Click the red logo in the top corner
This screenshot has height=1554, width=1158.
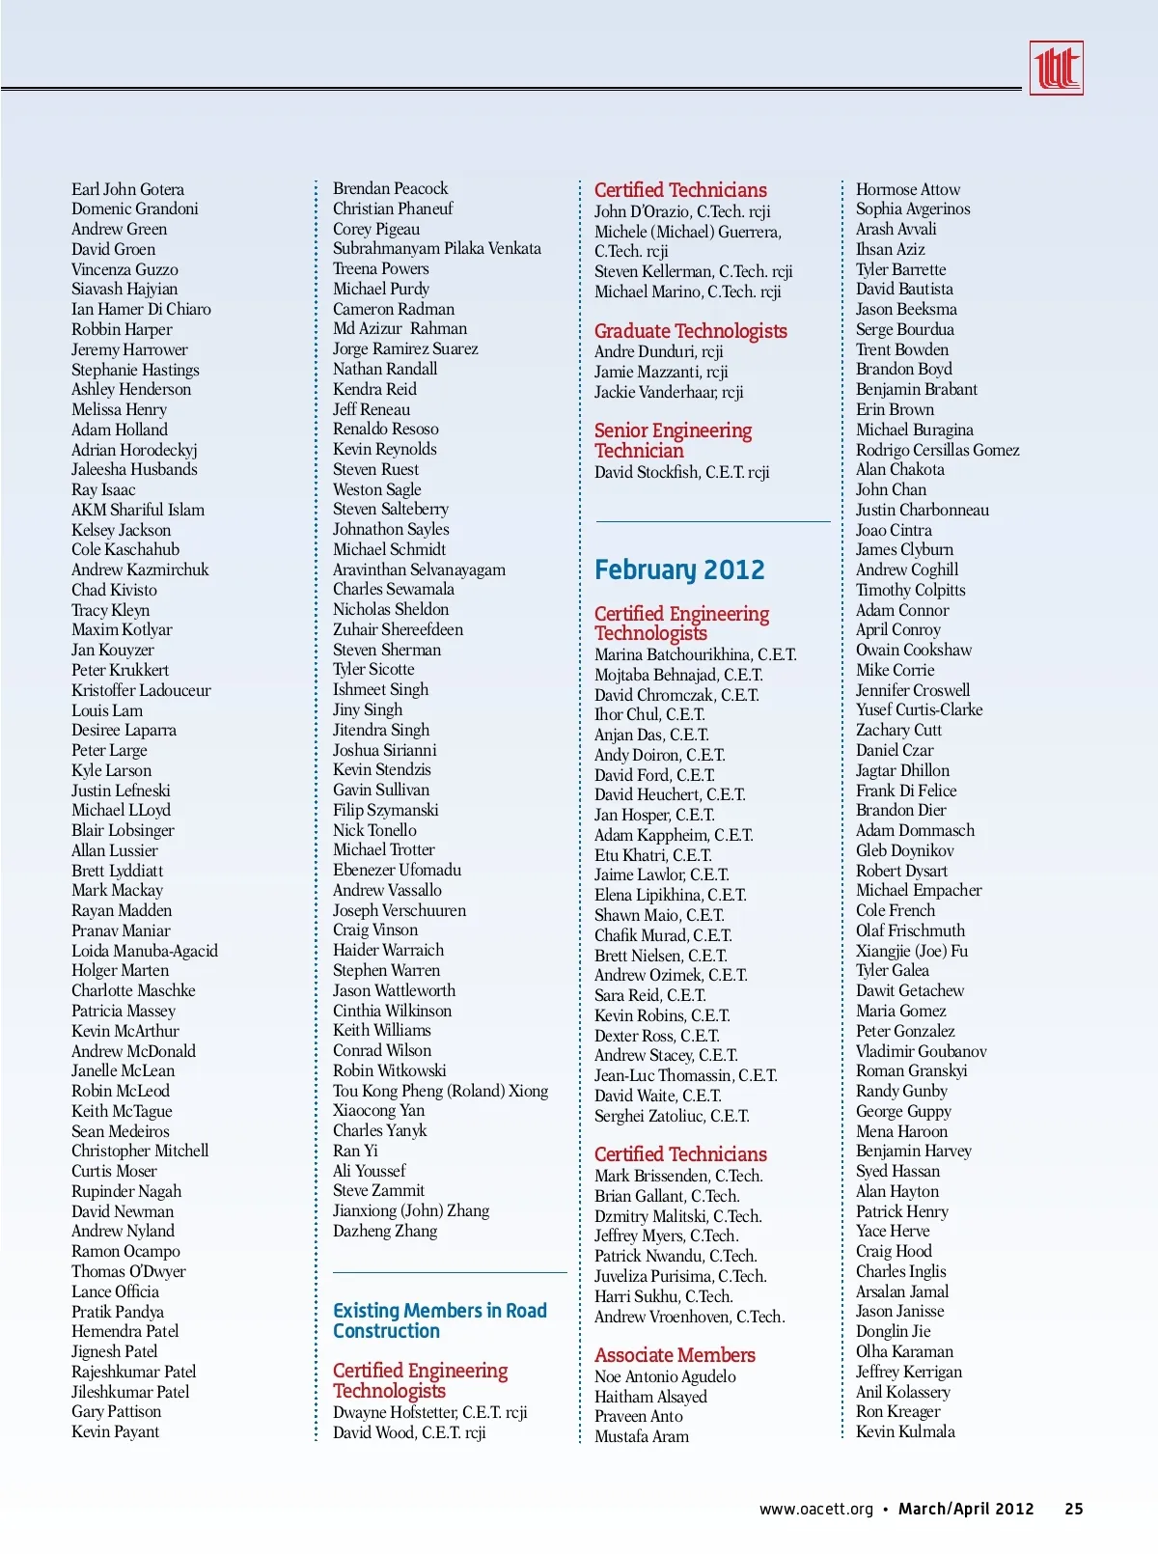tap(1056, 68)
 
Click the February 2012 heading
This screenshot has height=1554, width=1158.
tap(679, 570)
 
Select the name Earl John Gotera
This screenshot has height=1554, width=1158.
tap(127, 189)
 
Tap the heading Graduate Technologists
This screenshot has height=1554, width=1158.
tap(690, 331)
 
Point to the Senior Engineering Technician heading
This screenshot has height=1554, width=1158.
tap(673, 440)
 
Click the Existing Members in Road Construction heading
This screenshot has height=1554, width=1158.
tap(439, 1320)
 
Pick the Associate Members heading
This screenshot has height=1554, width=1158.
tap(675, 1355)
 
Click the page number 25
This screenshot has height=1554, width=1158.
tap(1074, 1509)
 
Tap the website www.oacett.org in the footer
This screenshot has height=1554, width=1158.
tap(815, 1509)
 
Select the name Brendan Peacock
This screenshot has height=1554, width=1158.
tap(391, 188)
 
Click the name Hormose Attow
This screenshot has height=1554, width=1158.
tap(908, 189)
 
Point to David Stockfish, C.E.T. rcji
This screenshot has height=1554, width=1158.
tap(681, 472)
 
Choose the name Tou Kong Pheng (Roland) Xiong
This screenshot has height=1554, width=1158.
tap(440, 1091)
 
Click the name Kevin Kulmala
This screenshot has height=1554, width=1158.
tap(905, 1431)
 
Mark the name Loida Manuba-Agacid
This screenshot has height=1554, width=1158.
tap(145, 951)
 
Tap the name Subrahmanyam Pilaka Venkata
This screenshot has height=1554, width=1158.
tap(437, 248)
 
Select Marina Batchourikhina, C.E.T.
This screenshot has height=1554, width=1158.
tap(695, 654)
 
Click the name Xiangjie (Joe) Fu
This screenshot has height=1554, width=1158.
tap(912, 951)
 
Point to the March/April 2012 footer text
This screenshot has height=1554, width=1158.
tap(966, 1509)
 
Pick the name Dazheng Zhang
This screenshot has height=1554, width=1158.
tap(385, 1231)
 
